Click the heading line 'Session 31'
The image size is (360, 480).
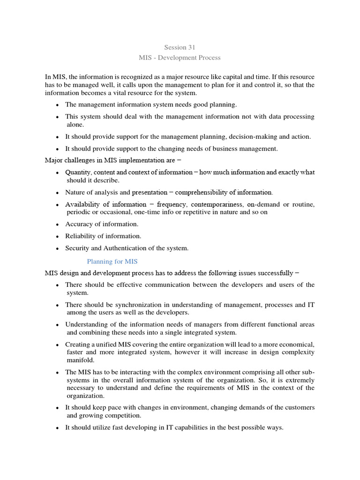180,47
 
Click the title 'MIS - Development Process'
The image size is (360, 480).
180,58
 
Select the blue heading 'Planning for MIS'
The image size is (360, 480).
112,261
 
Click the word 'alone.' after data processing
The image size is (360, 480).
75,125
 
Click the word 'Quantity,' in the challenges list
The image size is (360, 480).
79,172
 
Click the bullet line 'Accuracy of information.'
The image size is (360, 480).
102,224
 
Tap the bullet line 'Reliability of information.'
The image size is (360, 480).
103,236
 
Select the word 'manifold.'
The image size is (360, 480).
81,360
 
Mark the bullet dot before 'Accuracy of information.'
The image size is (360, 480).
57,225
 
